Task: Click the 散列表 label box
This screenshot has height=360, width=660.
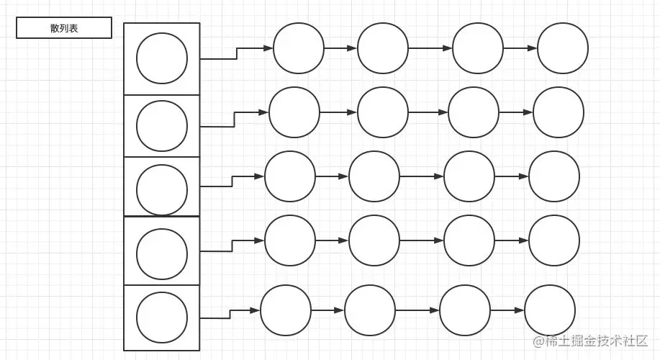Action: pyautogui.click(x=64, y=28)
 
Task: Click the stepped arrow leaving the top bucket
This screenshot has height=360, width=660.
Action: pyautogui.click(x=237, y=53)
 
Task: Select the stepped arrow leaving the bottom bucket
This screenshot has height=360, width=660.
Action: pyautogui.click(x=230, y=314)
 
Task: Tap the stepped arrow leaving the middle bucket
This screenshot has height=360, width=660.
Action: pyautogui.click(x=232, y=181)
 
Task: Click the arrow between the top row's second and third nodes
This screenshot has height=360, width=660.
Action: pyautogui.click(x=430, y=48)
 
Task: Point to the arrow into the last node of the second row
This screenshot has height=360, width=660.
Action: pyautogui.click(x=516, y=112)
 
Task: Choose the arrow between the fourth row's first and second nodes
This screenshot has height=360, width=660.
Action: pyautogui.click(x=332, y=240)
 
